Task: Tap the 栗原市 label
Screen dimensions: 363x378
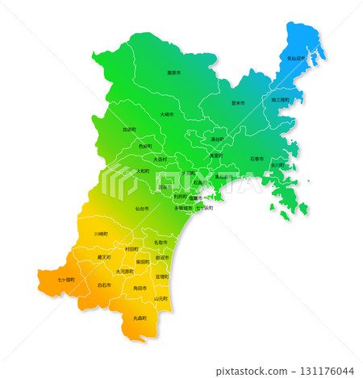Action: pos(173,73)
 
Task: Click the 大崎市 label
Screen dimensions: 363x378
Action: pos(167,115)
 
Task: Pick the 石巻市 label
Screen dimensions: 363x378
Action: pos(257,159)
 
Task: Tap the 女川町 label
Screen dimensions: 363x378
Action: pos(278,165)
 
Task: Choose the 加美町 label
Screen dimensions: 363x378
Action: pos(129,129)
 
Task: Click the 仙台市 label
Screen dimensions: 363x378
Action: pos(142,208)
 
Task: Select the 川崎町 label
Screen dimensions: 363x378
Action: pos(102,234)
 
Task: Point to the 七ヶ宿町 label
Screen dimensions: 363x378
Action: pos(66,280)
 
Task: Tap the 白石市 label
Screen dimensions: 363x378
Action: pos(105,285)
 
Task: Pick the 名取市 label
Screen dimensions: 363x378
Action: pos(161,242)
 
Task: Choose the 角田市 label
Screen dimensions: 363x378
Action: pos(140,288)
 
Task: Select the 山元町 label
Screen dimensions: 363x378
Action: pos(161,298)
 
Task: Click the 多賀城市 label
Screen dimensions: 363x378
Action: pos(183,207)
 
